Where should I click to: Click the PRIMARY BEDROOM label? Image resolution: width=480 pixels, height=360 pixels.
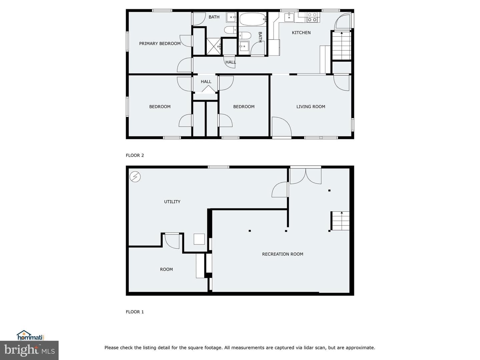(160, 43)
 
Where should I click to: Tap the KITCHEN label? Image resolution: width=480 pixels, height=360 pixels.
(301, 33)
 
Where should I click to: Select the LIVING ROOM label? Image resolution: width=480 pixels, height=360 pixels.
(311, 107)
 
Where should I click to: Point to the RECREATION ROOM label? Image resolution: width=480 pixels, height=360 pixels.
(283, 254)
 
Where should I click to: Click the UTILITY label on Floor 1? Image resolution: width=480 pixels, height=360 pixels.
(172, 202)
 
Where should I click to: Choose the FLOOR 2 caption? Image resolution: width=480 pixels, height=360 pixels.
(135, 155)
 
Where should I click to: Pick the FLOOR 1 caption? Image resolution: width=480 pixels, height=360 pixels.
(135, 312)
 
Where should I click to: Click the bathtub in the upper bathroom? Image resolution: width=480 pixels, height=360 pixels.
(253, 19)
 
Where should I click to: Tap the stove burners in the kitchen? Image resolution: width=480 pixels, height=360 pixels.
(312, 17)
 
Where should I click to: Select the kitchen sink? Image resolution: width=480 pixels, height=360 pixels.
(289, 17)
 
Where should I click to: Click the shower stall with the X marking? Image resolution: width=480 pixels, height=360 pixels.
(214, 46)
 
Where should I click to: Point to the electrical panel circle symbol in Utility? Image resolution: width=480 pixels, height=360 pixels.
(135, 177)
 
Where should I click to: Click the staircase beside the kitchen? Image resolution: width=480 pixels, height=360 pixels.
(341, 45)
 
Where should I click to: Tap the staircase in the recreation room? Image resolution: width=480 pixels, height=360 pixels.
(340, 221)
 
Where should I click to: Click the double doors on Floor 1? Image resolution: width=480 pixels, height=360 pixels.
(305, 175)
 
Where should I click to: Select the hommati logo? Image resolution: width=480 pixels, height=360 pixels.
(30, 335)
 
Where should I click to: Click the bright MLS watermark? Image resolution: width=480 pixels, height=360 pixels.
(29, 350)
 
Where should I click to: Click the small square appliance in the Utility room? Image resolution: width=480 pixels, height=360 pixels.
(199, 239)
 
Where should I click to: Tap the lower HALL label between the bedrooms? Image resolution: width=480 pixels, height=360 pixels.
(206, 82)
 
